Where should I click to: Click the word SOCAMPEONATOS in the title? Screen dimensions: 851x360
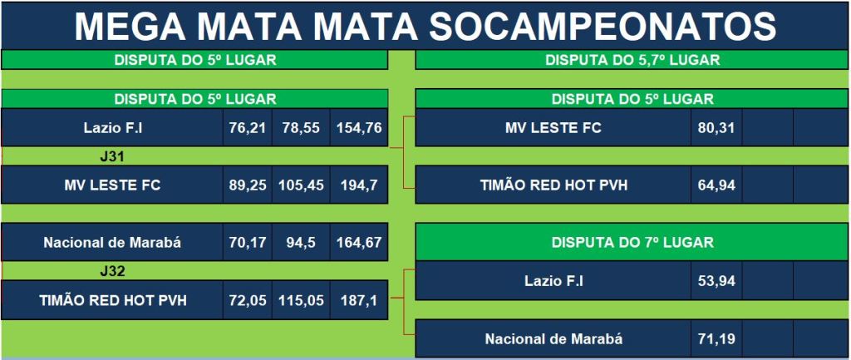(x=603, y=26)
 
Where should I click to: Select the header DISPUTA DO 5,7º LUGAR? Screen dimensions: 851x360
(x=632, y=60)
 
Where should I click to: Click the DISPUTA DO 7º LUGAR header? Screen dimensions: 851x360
(x=632, y=242)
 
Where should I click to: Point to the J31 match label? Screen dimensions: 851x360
(x=112, y=157)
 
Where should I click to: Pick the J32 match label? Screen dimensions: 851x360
(x=112, y=271)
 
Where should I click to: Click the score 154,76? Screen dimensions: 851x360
(x=359, y=128)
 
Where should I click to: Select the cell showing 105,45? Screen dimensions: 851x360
(x=301, y=185)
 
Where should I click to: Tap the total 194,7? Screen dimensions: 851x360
(x=359, y=185)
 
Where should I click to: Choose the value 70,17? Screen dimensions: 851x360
(x=248, y=242)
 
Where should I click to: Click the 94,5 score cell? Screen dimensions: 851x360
(x=301, y=242)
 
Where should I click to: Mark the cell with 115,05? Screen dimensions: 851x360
(x=301, y=300)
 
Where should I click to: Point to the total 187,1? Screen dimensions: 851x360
(x=359, y=300)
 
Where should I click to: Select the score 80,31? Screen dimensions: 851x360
(x=716, y=128)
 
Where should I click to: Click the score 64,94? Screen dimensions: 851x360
(x=716, y=185)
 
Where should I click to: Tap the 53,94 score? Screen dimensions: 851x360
(x=716, y=281)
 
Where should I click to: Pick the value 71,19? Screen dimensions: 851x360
(x=716, y=339)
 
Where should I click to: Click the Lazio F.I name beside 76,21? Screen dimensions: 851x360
(x=112, y=128)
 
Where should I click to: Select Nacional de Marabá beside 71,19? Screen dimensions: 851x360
(x=553, y=339)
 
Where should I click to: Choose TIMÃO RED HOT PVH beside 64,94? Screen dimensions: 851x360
(x=553, y=185)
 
